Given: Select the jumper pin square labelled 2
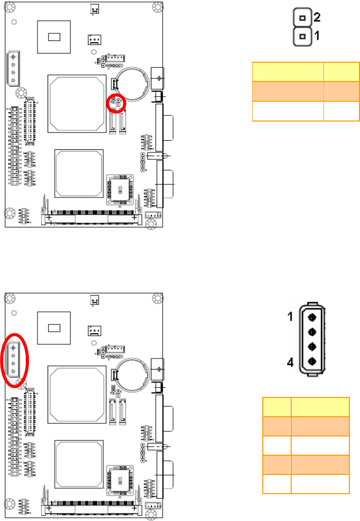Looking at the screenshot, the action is pos(302,18).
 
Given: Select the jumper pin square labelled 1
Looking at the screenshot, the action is pos(302,36).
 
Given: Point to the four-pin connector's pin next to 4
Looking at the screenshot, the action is pos(311,361).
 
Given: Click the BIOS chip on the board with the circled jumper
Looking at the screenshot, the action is pos(121,189).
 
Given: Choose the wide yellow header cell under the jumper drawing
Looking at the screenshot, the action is pos(288,71).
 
